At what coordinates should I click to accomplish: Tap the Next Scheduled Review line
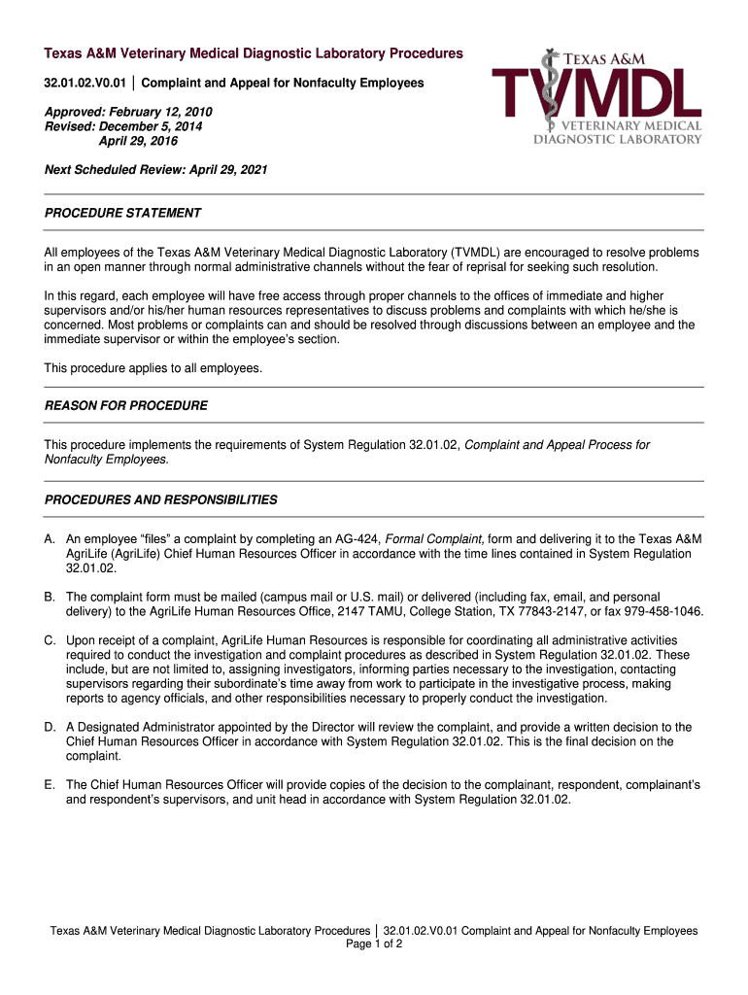pyautogui.click(x=156, y=170)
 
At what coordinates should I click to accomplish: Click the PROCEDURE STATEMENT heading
pyautogui.click(x=123, y=213)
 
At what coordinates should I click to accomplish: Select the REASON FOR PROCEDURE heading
pyautogui.click(x=126, y=405)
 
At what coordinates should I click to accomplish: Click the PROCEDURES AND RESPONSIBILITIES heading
pyautogui.click(x=161, y=500)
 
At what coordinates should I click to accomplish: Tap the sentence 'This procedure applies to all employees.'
pyautogui.click(x=153, y=368)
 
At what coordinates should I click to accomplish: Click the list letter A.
pyautogui.click(x=50, y=539)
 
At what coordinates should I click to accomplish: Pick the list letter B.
pyautogui.click(x=50, y=597)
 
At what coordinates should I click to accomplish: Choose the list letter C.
pyautogui.click(x=50, y=640)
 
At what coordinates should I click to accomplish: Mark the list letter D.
pyautogui.click(x=50, y=727)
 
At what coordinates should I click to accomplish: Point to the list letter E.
pyautogui.click(x=50, y=784)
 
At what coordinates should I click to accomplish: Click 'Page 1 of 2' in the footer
pyautogui.click(x=374, y=944)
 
